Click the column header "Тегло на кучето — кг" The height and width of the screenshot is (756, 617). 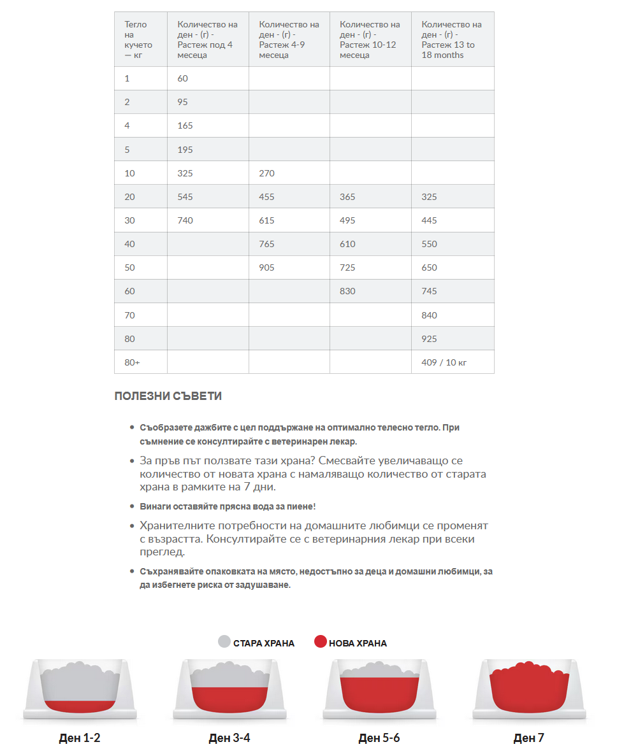pyautogui.click(x=139, y=39)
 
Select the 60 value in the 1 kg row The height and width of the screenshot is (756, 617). pyautogui.click(x=183, y=78)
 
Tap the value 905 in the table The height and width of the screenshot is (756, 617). pyautogui.click(x=266, y=267)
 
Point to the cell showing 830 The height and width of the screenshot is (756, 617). pyautogui.click(x=347, y=291)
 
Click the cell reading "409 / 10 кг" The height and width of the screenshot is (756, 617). pyautogui.click(x=444, y=362)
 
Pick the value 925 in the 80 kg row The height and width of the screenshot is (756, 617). pyautogui.click(x=429, y=339)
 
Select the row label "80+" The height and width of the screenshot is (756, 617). pyautogui.click(x=132, y=362)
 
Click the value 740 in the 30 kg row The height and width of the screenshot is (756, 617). pyautogui.click(x=185, y=220)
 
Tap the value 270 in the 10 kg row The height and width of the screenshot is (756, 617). pyautogui.click(x=266, y=173)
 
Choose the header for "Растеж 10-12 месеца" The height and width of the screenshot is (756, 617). pyautogui.click(x=370, y=39)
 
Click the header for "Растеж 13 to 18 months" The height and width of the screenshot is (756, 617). pyautogui.click(x=451, y=39)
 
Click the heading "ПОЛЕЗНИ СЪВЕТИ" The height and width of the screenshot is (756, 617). pyautogui.click(x=168, y=396)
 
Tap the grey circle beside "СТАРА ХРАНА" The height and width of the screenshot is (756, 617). pyautogui.click(x=224, y=642)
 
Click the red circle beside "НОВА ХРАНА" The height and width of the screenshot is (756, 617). pyautogui.click(x=321, y=642)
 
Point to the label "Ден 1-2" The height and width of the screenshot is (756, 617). pyautogui.click(x=80, y=738)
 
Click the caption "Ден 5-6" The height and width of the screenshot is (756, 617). pyautogui.click(x=379, y=738)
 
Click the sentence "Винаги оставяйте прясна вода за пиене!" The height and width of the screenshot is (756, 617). pyautogui.click(x=228, y=506)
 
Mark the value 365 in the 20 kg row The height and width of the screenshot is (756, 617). pyautogui.click(x=347, y=197)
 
